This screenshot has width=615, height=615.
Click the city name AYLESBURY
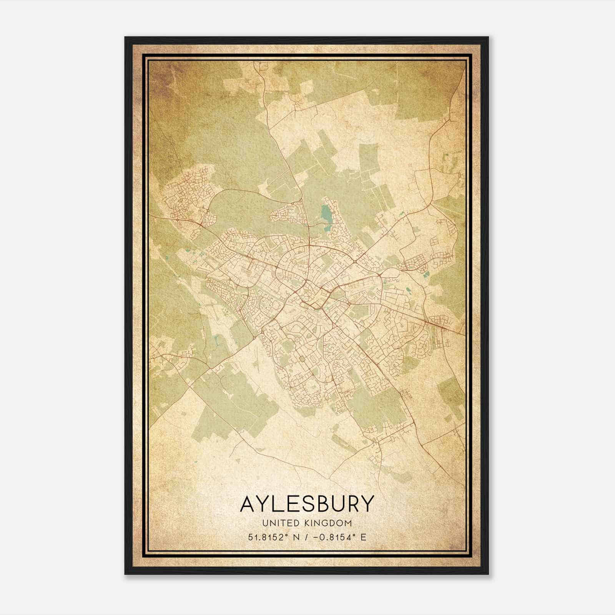(307, 504)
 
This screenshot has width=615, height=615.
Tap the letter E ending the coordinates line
(363, 537)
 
